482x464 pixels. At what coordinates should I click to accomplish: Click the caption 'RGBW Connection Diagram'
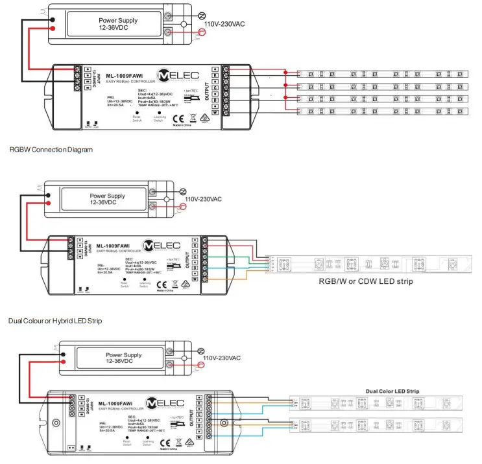51,150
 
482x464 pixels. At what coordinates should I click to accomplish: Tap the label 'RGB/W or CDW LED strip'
365,281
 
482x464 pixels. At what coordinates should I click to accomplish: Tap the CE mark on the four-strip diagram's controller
182,118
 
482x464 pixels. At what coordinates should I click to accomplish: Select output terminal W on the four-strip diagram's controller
232,113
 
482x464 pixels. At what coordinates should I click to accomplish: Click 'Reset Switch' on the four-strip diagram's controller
137,118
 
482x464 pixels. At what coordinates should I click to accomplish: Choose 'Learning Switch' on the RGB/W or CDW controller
146,283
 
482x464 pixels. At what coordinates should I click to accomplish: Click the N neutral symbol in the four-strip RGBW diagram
201,14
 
